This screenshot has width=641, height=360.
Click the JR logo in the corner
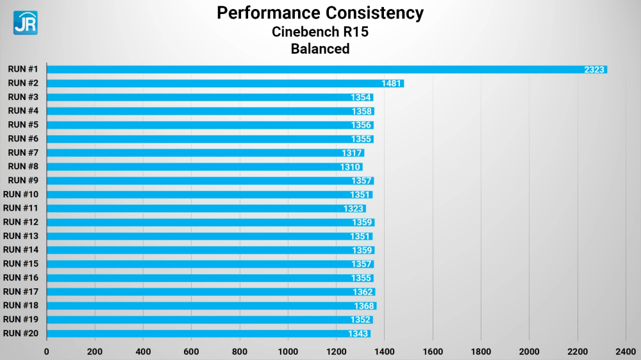tap(26, 22)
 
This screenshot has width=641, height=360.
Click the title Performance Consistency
tap(320, 13)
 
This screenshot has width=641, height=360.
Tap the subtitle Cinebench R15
tap(320, 31)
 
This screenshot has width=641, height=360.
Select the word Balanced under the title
tap(320, 49)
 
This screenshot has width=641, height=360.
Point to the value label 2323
tap(594, 69)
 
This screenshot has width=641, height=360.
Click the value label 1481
tap(392, 83)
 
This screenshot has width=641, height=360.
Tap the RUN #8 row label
tap(23, 167)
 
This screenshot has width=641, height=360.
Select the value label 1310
tap(350, 167)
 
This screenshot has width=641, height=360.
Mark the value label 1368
tap(364, 306)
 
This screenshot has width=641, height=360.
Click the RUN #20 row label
tap(21, 333)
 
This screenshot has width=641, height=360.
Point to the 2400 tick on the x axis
tap(626, 351)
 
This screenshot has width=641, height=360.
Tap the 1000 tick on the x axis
tap(288, 351)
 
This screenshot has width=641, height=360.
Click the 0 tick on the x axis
tap(46, 351)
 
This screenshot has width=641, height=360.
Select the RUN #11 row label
tap(21, 208)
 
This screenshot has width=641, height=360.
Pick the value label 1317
tap(352, 152)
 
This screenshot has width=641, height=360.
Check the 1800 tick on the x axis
tap(481, 351)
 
